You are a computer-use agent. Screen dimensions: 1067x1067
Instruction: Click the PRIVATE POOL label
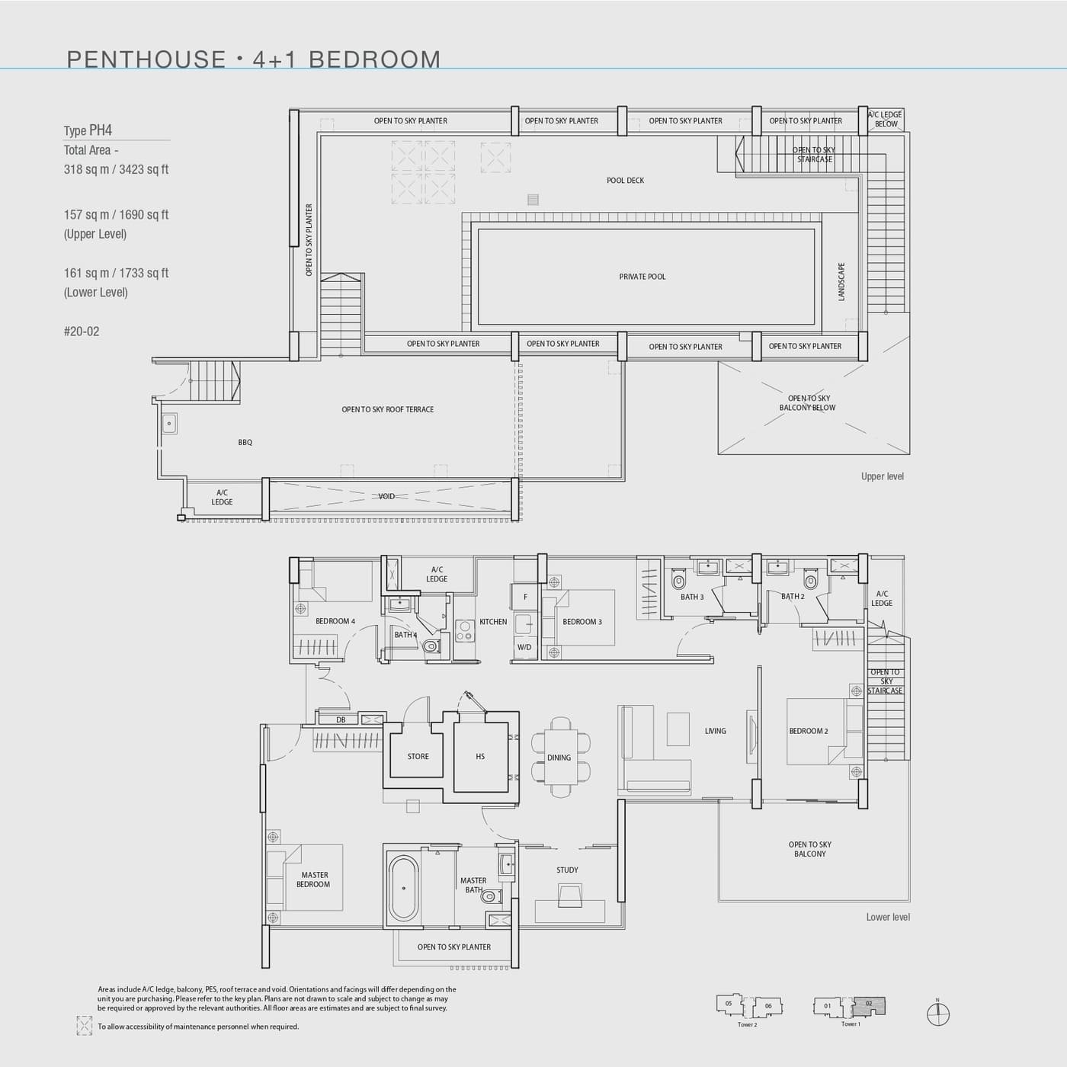pos(642,277)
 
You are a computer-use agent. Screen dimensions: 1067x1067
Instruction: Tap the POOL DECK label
pos(625,181)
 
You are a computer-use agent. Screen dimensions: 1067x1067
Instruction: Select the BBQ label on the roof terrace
pos(245,442)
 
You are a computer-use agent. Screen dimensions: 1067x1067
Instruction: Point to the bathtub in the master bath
pos(404,888)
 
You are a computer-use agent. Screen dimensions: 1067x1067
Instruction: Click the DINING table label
pos(559,758)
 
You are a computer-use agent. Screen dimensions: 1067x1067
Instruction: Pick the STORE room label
pos(418,757)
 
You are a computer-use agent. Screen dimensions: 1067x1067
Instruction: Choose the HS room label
pos(480,757)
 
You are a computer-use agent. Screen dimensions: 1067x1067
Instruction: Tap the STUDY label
pos(567,870)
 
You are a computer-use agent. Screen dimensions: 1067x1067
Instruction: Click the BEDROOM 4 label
pos(335,621)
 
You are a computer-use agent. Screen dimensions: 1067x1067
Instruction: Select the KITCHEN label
pos(493,622)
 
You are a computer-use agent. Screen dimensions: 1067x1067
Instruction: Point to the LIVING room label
pos(715,731)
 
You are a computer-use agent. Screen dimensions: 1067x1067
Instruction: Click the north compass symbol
pos(938,1014)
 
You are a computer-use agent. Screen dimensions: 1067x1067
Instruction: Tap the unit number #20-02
pos(82,332)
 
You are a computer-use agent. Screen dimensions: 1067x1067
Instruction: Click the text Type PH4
pos(88,130)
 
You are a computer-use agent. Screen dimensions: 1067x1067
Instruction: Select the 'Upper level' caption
pos(882,476)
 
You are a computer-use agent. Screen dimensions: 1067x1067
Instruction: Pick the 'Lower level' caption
pos(887,917)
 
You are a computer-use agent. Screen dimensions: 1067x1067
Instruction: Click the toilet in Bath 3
pos(678,581)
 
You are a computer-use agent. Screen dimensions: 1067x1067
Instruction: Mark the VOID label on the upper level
pos(386,496)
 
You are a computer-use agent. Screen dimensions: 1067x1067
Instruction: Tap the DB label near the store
pos(341,719)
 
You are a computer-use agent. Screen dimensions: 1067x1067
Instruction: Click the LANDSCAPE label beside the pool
pos(841,282)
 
